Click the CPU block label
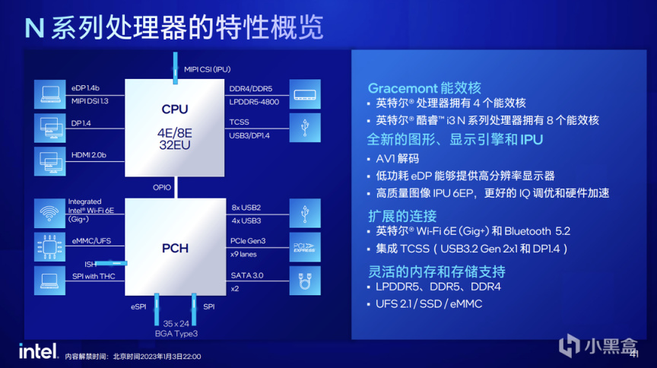(175, 109)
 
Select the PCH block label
(175, 249)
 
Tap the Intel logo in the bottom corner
(38, 351)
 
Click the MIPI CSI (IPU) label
(208, 70)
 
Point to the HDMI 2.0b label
(89, 155)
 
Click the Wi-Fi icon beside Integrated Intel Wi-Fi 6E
(49, 214)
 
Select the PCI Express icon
(305, 247)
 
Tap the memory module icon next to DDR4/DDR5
(305, 94)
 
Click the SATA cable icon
(305, 281)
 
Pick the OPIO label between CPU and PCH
(162, 187)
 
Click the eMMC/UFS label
(91, 241)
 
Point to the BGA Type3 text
(176, 334)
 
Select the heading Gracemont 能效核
(424, 88)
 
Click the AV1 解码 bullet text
(397, 158)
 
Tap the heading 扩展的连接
(402, 216)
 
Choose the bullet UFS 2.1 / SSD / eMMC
(429, 304)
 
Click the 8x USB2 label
(246, 208)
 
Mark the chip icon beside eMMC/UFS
(49, 247)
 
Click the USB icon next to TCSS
(305, 128)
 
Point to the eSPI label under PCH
(138, 307)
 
